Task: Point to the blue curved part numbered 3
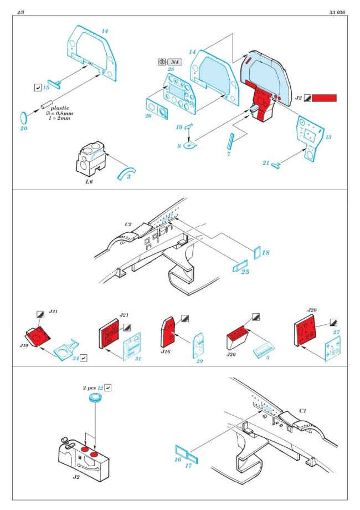[x=125, y=170]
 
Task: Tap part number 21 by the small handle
[x=266, y=163]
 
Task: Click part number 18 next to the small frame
[x=266, y=252]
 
